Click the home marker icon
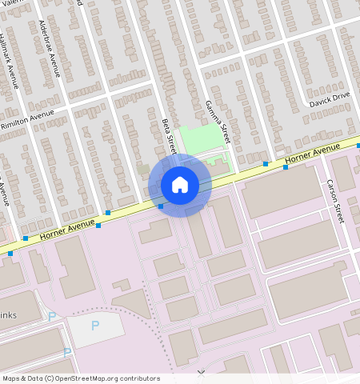click(180, 185)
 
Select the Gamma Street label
click(218, 116)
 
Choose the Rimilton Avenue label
click(28, 121)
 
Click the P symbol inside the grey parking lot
click(95, 325)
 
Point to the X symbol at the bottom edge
click(201, 374)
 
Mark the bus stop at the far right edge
click(358, 146)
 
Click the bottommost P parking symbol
click(67, 352)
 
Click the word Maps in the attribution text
click(11, 378)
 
